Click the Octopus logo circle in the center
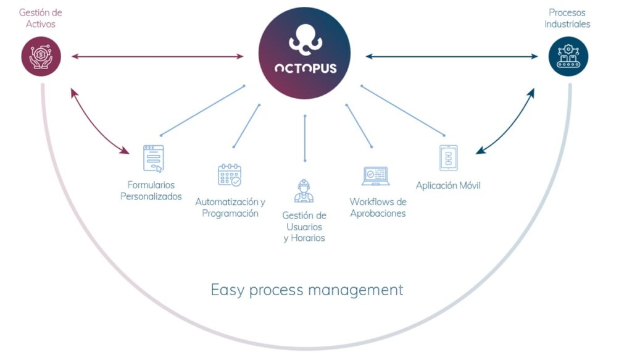tap(304, 52)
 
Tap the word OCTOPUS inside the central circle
tap(305, 68)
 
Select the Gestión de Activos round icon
tap(41, 56)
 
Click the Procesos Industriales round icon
tap(568, 56)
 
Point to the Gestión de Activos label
tap(41, 18)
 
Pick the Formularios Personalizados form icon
tap(153, 158)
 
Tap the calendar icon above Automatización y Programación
tap(230, 175)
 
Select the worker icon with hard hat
tap(304, 190)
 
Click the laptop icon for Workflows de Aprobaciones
tap(375, 176)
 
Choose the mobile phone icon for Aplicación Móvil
tap(448, 158)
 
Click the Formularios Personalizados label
tap(151, 191)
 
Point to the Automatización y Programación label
tap(230, 207)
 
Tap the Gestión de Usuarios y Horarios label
tap(304, 227)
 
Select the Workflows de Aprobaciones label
tap(378, 207)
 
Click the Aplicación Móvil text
tap(448, 185)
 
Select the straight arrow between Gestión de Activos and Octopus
tap(157, 57)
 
